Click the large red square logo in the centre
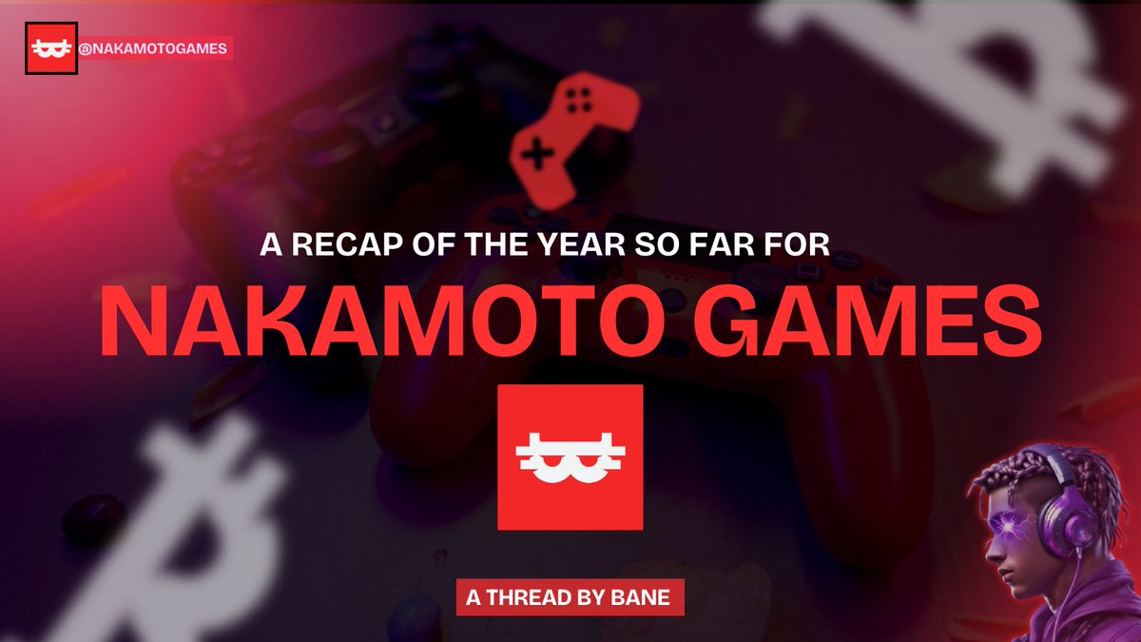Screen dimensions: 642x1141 pos(570,457)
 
